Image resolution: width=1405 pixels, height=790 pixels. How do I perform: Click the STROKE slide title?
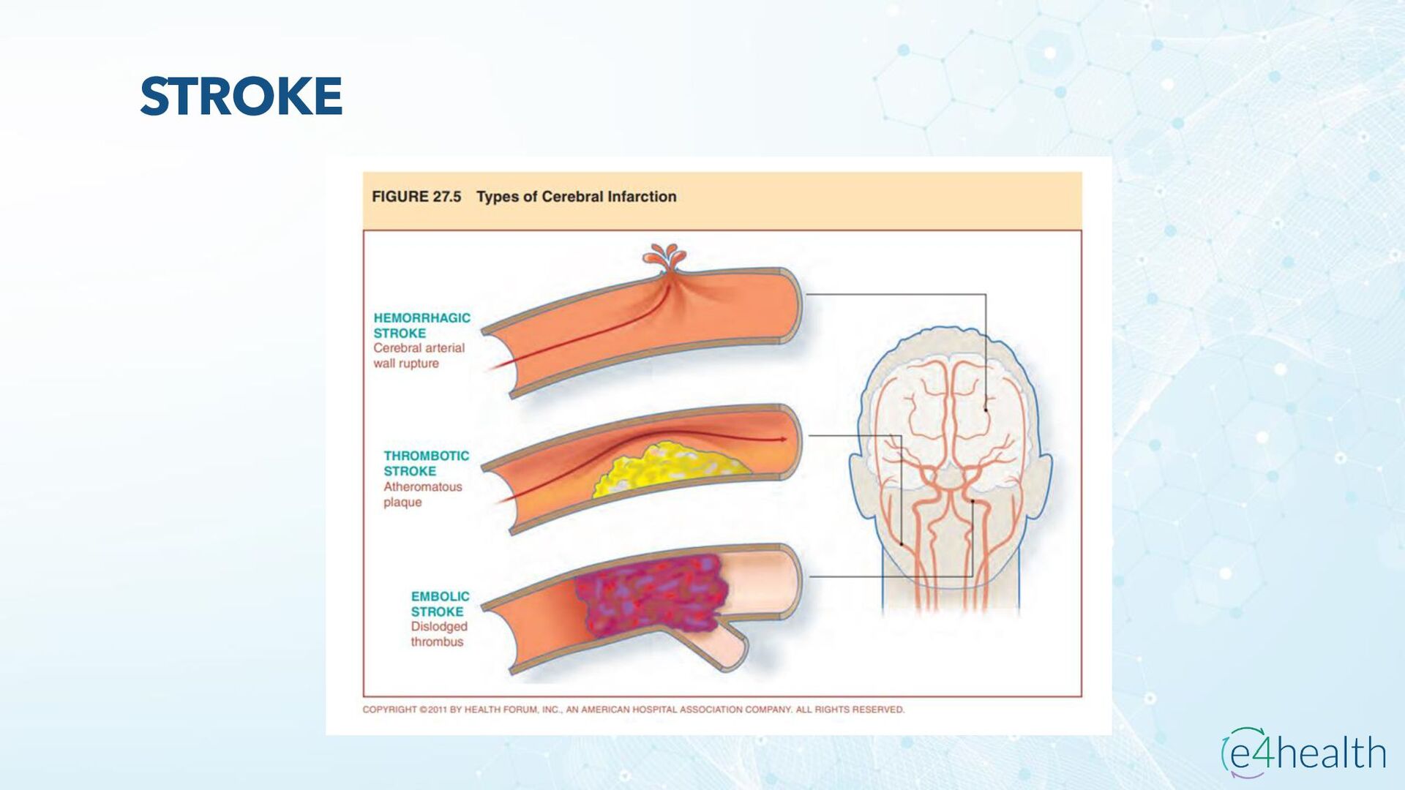241,96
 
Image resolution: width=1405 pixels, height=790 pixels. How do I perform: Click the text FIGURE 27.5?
416,197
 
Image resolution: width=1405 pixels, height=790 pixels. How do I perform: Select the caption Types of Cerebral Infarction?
576,197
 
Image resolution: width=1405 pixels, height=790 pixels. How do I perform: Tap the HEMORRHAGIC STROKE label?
421,326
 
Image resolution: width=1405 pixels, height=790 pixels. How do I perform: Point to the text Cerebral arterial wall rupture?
419,356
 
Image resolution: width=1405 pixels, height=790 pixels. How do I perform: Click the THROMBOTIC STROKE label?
426,463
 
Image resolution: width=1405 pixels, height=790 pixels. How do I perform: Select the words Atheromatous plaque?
422,494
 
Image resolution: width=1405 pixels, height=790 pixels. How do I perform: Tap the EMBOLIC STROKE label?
440,604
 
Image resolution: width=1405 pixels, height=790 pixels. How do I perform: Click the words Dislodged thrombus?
438,634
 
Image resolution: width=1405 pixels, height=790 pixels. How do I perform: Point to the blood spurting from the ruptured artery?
664,258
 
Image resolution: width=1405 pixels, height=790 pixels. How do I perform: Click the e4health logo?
1303,753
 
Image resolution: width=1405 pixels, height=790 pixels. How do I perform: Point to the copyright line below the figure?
633,710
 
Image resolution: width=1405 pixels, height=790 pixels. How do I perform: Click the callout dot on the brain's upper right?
986,410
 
